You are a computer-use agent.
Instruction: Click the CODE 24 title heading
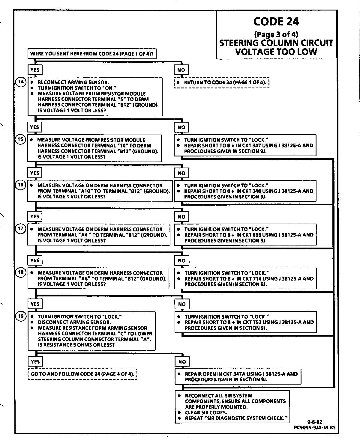tap(276, 21)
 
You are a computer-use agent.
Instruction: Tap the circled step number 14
tap(21, 82)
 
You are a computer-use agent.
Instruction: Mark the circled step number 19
tap(21, 316)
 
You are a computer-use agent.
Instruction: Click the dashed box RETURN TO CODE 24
tap(222, 82)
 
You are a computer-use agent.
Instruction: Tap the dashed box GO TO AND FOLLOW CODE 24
tap(82, 374)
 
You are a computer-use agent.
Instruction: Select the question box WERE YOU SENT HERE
tap(92, 54)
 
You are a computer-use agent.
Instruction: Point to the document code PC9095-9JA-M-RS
tap(315, 428)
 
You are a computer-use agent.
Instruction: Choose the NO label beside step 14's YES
tap(181, 70)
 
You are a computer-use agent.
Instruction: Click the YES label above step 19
tap(35, 304)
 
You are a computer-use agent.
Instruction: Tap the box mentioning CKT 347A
tap(238, 377)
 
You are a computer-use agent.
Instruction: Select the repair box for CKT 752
tap(245, 322)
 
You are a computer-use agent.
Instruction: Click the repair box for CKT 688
tap(245, 235)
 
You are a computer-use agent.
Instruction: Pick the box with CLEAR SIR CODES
tap(232, 407)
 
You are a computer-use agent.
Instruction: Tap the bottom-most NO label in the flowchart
tap(182, 362)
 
